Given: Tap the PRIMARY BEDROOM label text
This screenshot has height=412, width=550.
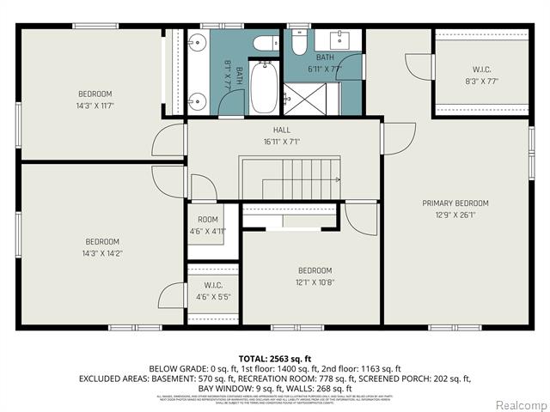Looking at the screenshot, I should (455, 203).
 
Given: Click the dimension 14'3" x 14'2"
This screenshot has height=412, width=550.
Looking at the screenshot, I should (102, 252).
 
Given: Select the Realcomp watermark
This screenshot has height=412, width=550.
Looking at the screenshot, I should (518, 404).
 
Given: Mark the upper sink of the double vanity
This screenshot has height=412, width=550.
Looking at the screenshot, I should (194, 40).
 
